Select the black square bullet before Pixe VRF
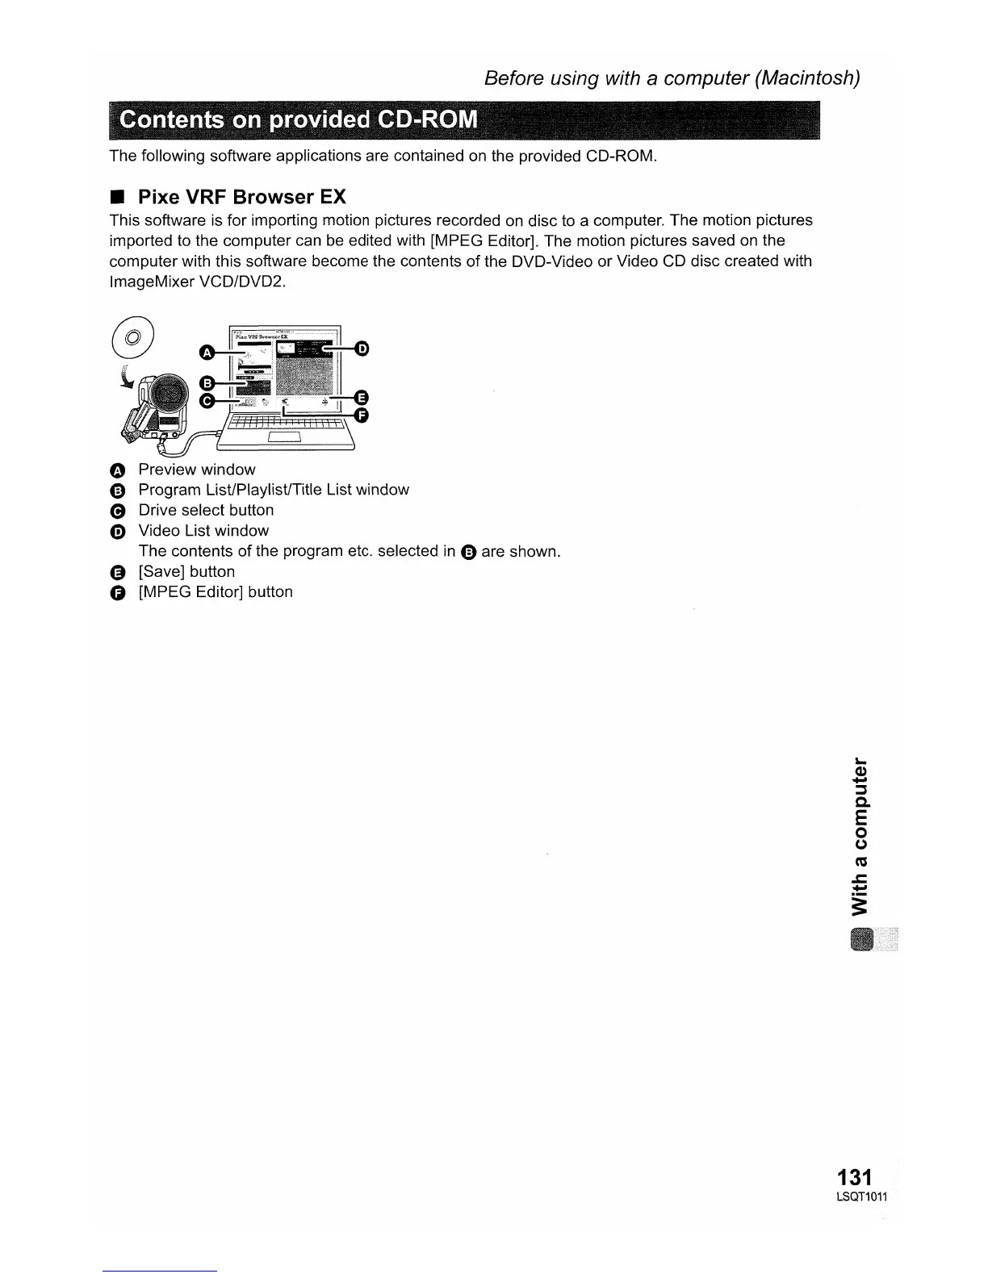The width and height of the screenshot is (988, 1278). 117,198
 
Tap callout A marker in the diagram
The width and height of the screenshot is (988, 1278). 206,352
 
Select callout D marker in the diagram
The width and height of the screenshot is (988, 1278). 362,349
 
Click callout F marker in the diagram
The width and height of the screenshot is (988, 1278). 362,415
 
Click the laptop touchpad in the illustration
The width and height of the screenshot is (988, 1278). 284,437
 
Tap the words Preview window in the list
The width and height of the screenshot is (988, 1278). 196,470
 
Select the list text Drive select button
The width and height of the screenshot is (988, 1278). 206,510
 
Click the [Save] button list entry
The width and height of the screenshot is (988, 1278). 186,571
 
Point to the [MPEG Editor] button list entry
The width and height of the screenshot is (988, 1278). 215,591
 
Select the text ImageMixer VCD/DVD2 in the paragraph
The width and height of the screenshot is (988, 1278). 197,282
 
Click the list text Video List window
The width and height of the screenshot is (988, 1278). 203,531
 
